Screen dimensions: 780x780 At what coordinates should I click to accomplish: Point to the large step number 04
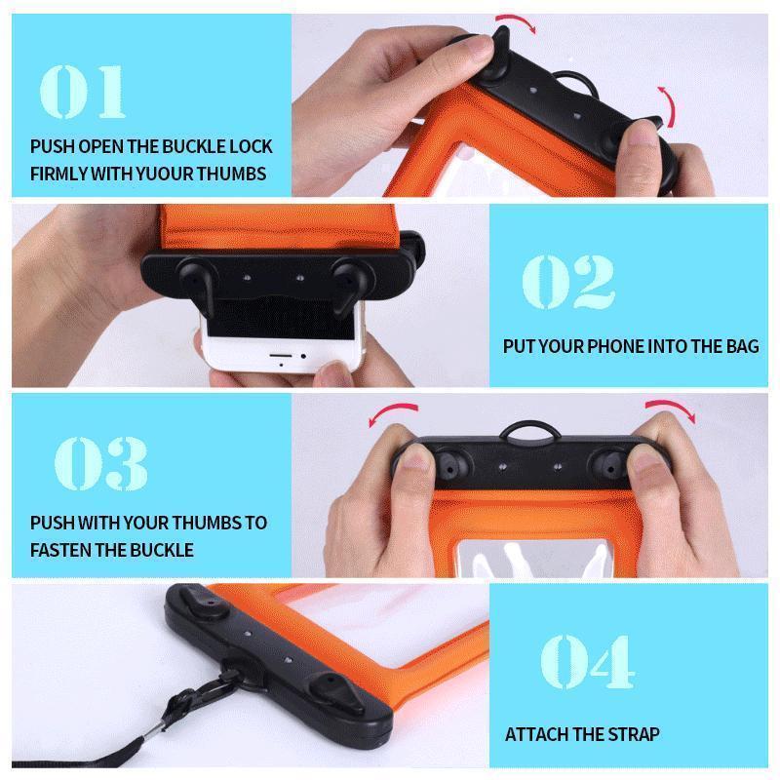587,660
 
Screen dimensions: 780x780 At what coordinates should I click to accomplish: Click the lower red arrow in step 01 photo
665,102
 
